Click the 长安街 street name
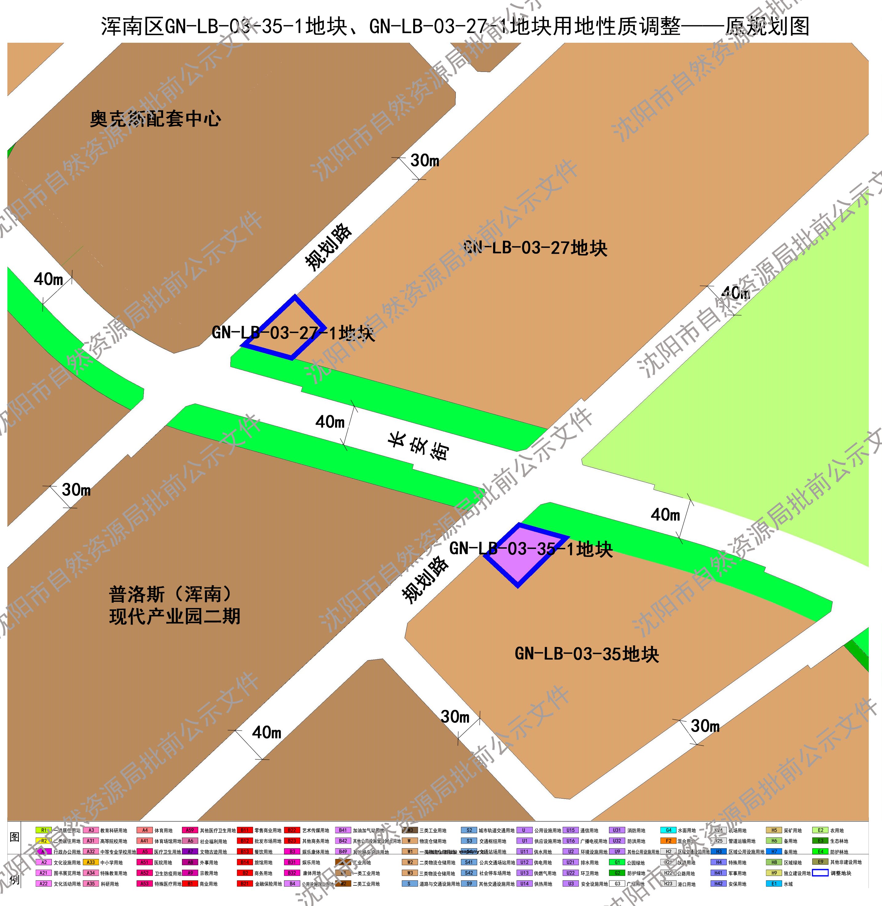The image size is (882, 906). (x=419, y=446)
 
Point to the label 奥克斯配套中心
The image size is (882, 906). (x=155, y=119)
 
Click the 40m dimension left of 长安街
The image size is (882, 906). (x=330, y=422)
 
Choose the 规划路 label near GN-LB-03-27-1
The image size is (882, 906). (x=328, y=247)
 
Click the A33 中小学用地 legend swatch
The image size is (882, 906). (x=91, y=862)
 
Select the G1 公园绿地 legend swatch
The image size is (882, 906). (x=617, y=862)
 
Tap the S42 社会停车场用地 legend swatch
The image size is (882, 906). (x=469, y=873)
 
